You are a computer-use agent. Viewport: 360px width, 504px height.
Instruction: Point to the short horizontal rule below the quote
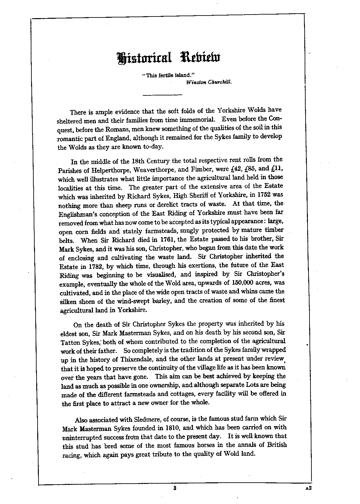[x=163, y=95]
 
